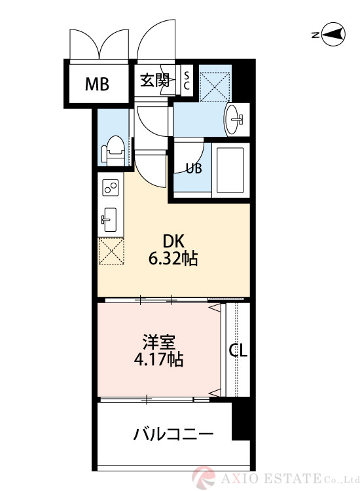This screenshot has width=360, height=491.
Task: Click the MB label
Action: click(96, 84)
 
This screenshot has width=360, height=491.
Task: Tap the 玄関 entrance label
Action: click(155, 81)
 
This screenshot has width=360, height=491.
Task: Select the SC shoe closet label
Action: click(186, 81)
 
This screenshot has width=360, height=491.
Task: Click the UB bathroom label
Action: click(193, 168)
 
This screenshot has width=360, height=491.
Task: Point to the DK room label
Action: click(173, 240)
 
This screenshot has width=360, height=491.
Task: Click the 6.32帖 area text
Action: click(173, 259)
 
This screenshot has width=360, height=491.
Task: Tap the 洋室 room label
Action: click(159, 341)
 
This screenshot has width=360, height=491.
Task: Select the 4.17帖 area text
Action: click(159, 359)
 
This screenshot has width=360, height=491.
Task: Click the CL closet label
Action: click(238, 351)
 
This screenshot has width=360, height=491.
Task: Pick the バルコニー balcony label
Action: click(172, 434)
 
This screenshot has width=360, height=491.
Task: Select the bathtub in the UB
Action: click(228, 168)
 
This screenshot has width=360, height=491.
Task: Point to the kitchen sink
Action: click(109, 219)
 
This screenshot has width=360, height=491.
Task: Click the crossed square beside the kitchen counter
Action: click(111, 252)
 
